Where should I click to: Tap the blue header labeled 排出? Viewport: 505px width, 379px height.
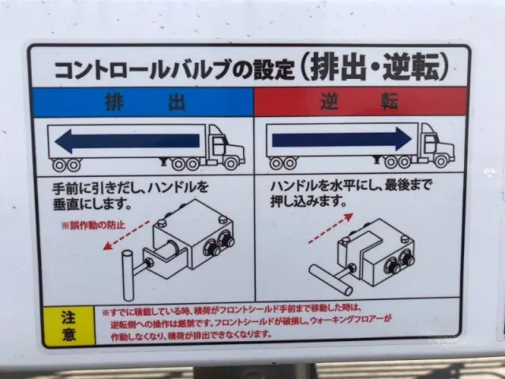[142, 103]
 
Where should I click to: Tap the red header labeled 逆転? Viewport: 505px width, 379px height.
[359, 103]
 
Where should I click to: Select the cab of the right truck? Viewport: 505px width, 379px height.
[436, 144]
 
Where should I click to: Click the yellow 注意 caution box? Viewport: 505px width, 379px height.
[68, 324]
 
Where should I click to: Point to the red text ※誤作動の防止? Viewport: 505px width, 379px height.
[95, 225]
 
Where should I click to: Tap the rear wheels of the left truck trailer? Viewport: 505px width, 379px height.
[66, 165]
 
